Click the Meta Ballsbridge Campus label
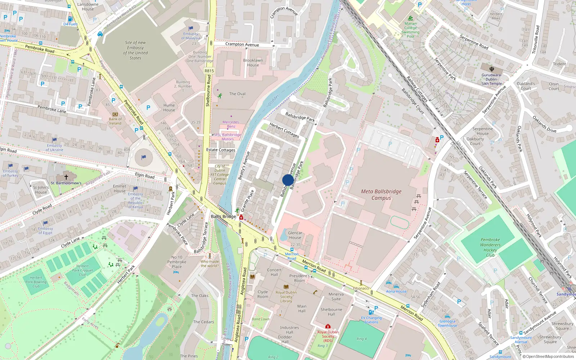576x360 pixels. pyautogui.click(x=381, y=195)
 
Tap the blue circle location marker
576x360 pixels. pyautogui.click(x=288, y=180)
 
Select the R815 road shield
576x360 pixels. pyautogui.click(x=209, y=71)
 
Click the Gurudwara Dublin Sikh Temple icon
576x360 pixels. pyautogui.click(x=491, y=69)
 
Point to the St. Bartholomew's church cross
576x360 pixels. pyautogui.click(x=66, y=177)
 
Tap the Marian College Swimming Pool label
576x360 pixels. pyautogui.click(x=410, y=30)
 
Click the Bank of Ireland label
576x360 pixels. pyautogui.click(x=115, y=121)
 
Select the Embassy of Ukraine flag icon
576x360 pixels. pyautogui.click(x=54, y=140)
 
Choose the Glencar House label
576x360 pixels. pyautogui.click(x=295, y=235)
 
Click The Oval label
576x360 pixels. pyautogui.click(x=237, y=94)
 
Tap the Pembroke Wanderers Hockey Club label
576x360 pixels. pyautogui.click(x=490, y=247)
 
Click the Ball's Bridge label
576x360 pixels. pyautogui.click(x=223, y=216)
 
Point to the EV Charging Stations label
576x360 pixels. pyautogui.click(x=371, y=320)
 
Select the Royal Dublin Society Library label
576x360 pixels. pyautogui.click(x=286, y=297)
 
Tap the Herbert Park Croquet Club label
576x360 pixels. pyautogui.click(x=82, y=270)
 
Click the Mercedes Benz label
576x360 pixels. pyautogui.click(x=231, y=124)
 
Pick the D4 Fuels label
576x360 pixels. pyautogui.click(x=70, y=24)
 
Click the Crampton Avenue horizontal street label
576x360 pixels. pyautogui.click(x=242, y=45)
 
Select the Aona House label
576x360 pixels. pyautogui.click(x=396, y=291)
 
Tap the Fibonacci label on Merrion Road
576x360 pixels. pyautogui.click(x=361, y=288)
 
